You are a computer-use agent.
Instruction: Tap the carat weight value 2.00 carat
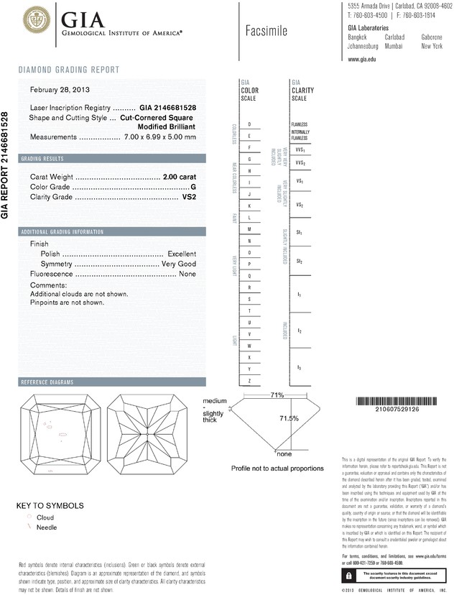click(x=180, y=176)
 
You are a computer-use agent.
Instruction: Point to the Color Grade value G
click(x=193, y=187)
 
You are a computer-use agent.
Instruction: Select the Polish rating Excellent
click(x=182, y=254)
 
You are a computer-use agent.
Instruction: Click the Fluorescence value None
click(x=187, y=275)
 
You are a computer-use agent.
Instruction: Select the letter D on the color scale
click(x=249, y=124)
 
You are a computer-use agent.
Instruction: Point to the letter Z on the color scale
click(x=249, y=379)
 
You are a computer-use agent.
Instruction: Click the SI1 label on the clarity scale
click(x=299, y=234)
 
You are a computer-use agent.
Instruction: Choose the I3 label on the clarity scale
click(x=299, y=367)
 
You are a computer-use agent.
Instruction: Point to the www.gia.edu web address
click(x=362, y=60)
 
